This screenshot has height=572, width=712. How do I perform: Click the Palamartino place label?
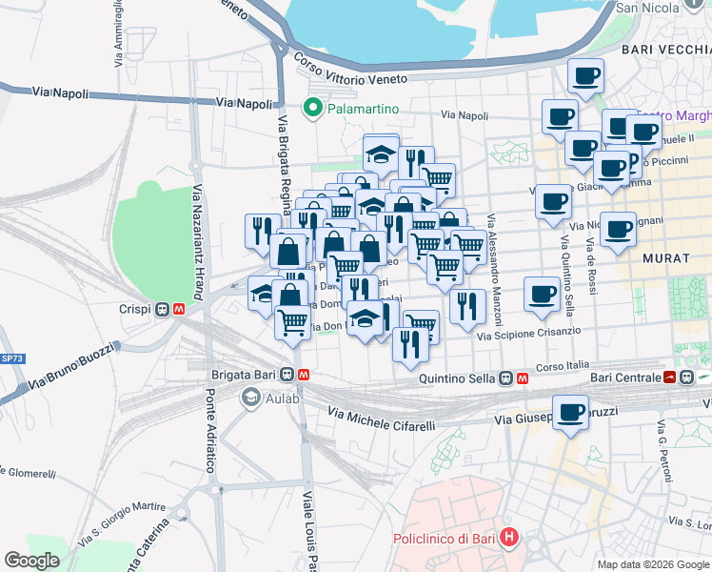tap(363, 109)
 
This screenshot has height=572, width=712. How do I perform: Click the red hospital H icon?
tap(510, 539)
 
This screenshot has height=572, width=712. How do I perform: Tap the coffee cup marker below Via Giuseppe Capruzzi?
tap(570, 412)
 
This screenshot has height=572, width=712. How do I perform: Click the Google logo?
tap(31, 561)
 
